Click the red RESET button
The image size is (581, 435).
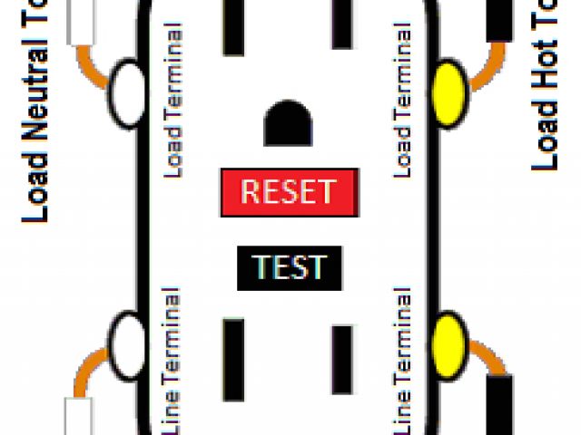[x=288, y=192]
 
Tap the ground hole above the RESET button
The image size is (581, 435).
[x=288, y=123]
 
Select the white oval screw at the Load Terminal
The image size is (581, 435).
[x=126, y=92]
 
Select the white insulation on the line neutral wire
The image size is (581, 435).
[x=79, y=416]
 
